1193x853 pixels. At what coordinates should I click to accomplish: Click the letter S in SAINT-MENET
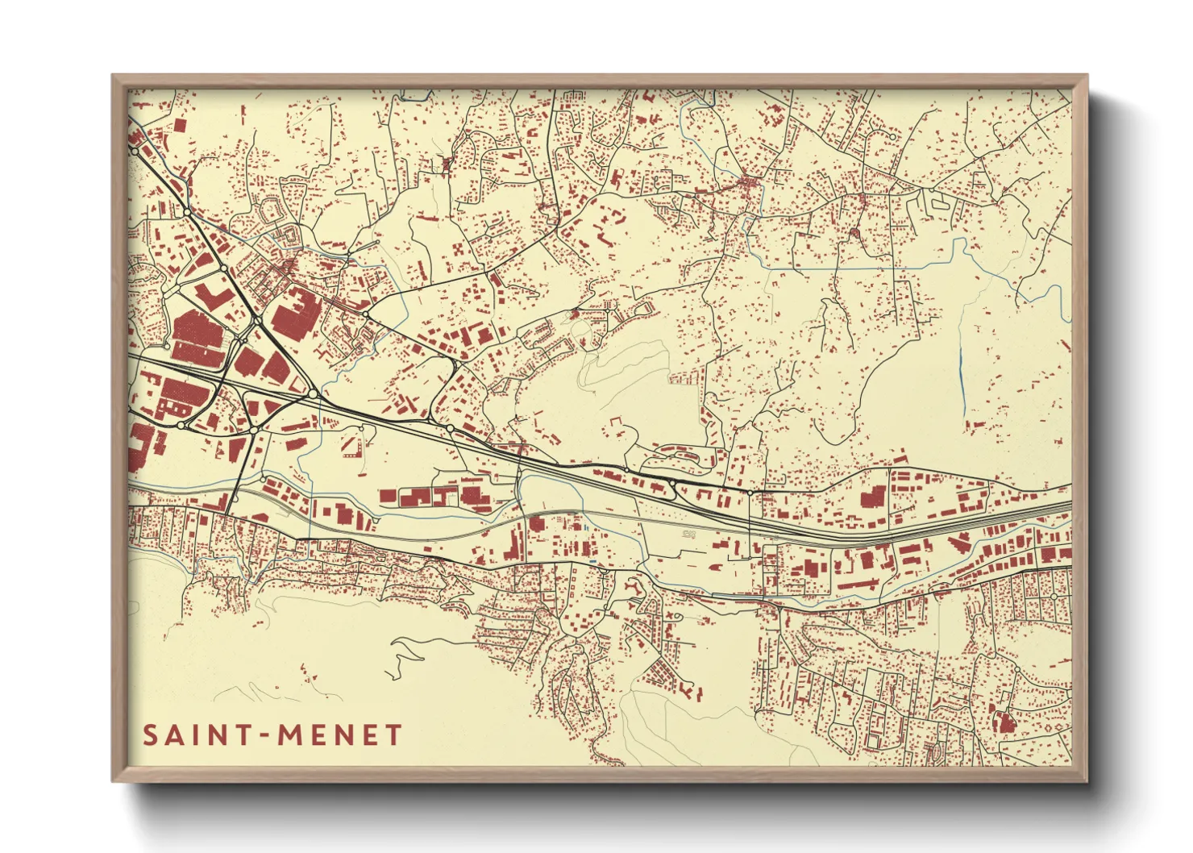[x=151, y=735]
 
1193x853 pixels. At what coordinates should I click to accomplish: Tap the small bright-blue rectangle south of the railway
[x=593, y=561]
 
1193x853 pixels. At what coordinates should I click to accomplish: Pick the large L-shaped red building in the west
[x=211, y=295]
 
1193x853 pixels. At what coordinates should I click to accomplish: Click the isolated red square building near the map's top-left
[x=179, y=125]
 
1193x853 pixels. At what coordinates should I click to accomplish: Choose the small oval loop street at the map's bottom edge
[x=871, y=740]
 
